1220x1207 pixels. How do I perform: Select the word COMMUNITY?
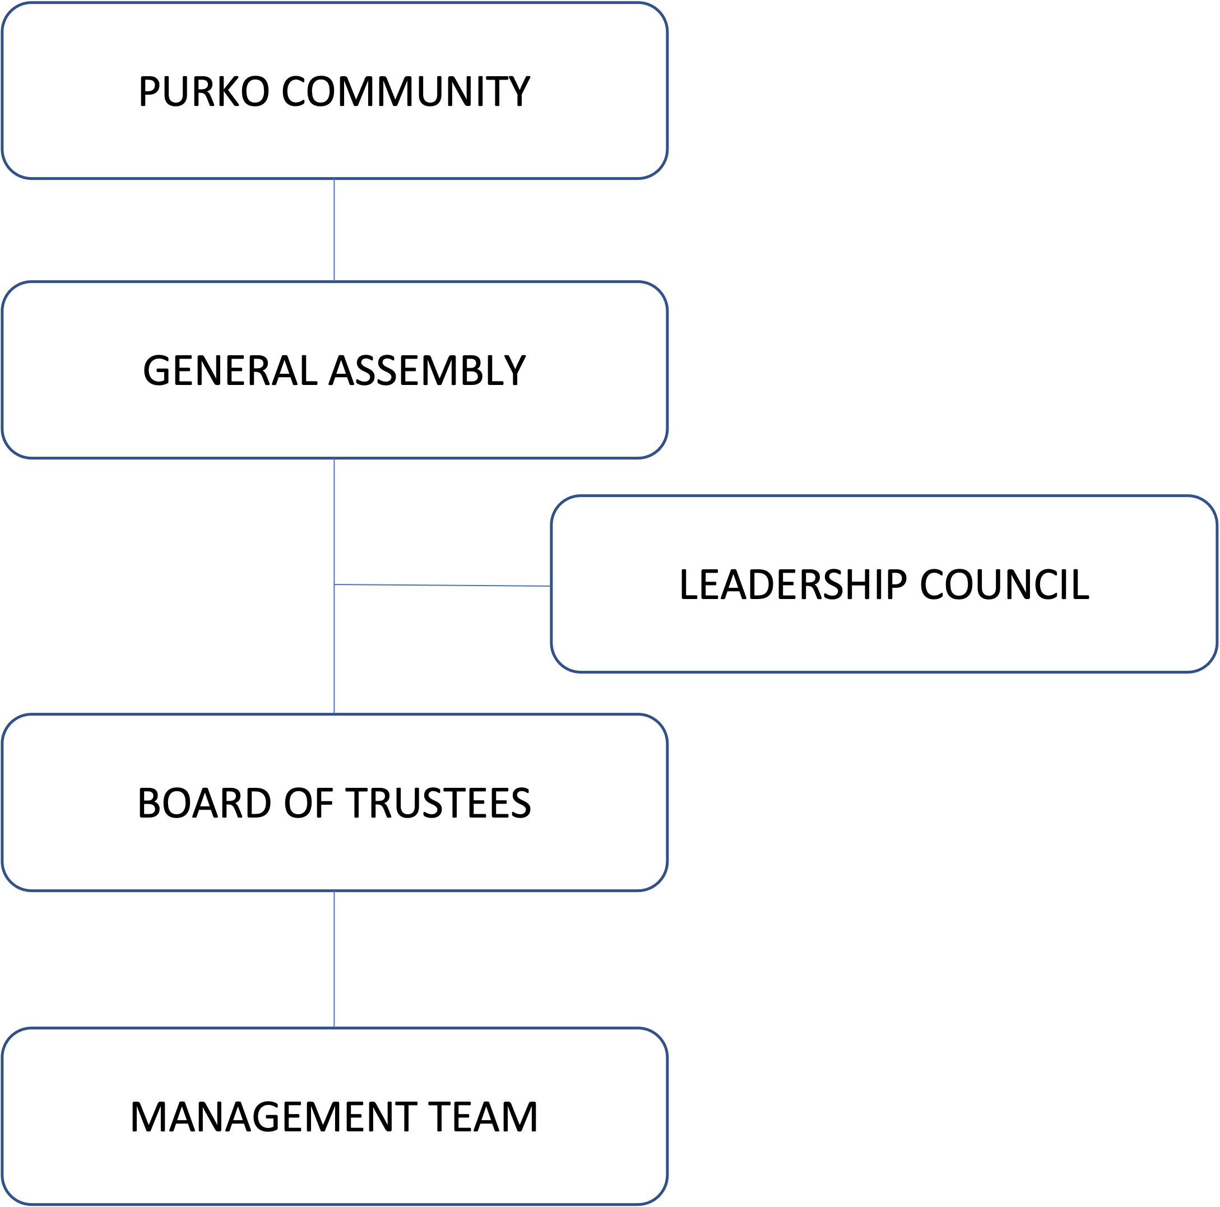(x=405, y=91)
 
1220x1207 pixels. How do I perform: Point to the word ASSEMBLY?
(x=428, y=370)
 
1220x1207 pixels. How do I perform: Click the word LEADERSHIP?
(x=793, y=584)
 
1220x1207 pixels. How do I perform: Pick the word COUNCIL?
(x=1005, y=584)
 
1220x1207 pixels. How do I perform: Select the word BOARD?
(x=204, y=804)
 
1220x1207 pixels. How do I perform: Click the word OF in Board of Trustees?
(x=309, y=804)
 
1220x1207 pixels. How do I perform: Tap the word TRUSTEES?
(x=439, y=804)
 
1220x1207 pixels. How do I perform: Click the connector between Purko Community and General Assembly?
(x=334, y=230)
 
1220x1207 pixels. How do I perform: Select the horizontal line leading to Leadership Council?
(x=442, y=585)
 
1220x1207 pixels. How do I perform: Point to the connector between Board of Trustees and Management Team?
(x=334, y=959)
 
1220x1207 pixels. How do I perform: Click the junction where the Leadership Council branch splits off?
(x=334, y=584)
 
